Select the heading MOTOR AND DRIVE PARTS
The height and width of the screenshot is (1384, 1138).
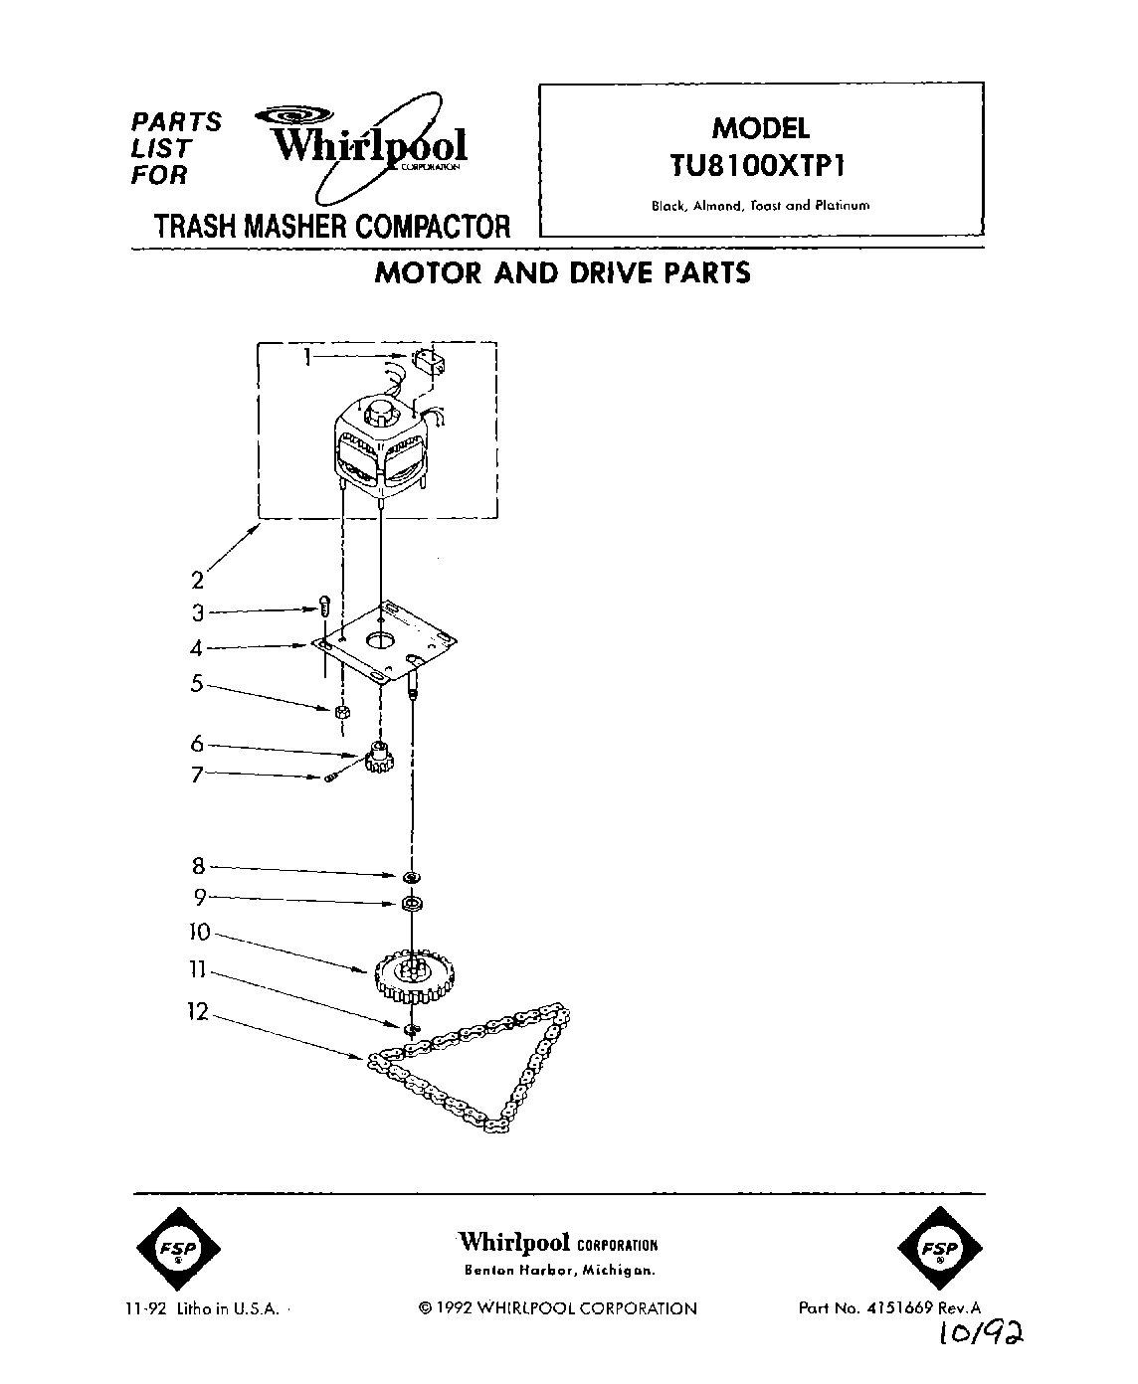(562, 273)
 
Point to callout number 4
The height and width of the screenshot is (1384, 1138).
(197, 648)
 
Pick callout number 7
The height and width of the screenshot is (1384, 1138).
(197, 775)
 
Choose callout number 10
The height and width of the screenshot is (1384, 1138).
(199, 933)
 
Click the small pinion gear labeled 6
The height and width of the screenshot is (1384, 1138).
(380, 758)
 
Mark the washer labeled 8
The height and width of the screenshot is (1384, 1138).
(409, 877)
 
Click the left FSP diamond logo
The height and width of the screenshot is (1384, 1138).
(178, 1248)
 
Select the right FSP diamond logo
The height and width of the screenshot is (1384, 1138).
(940, 1248)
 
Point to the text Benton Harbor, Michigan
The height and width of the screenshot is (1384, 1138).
(560, 1271)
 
